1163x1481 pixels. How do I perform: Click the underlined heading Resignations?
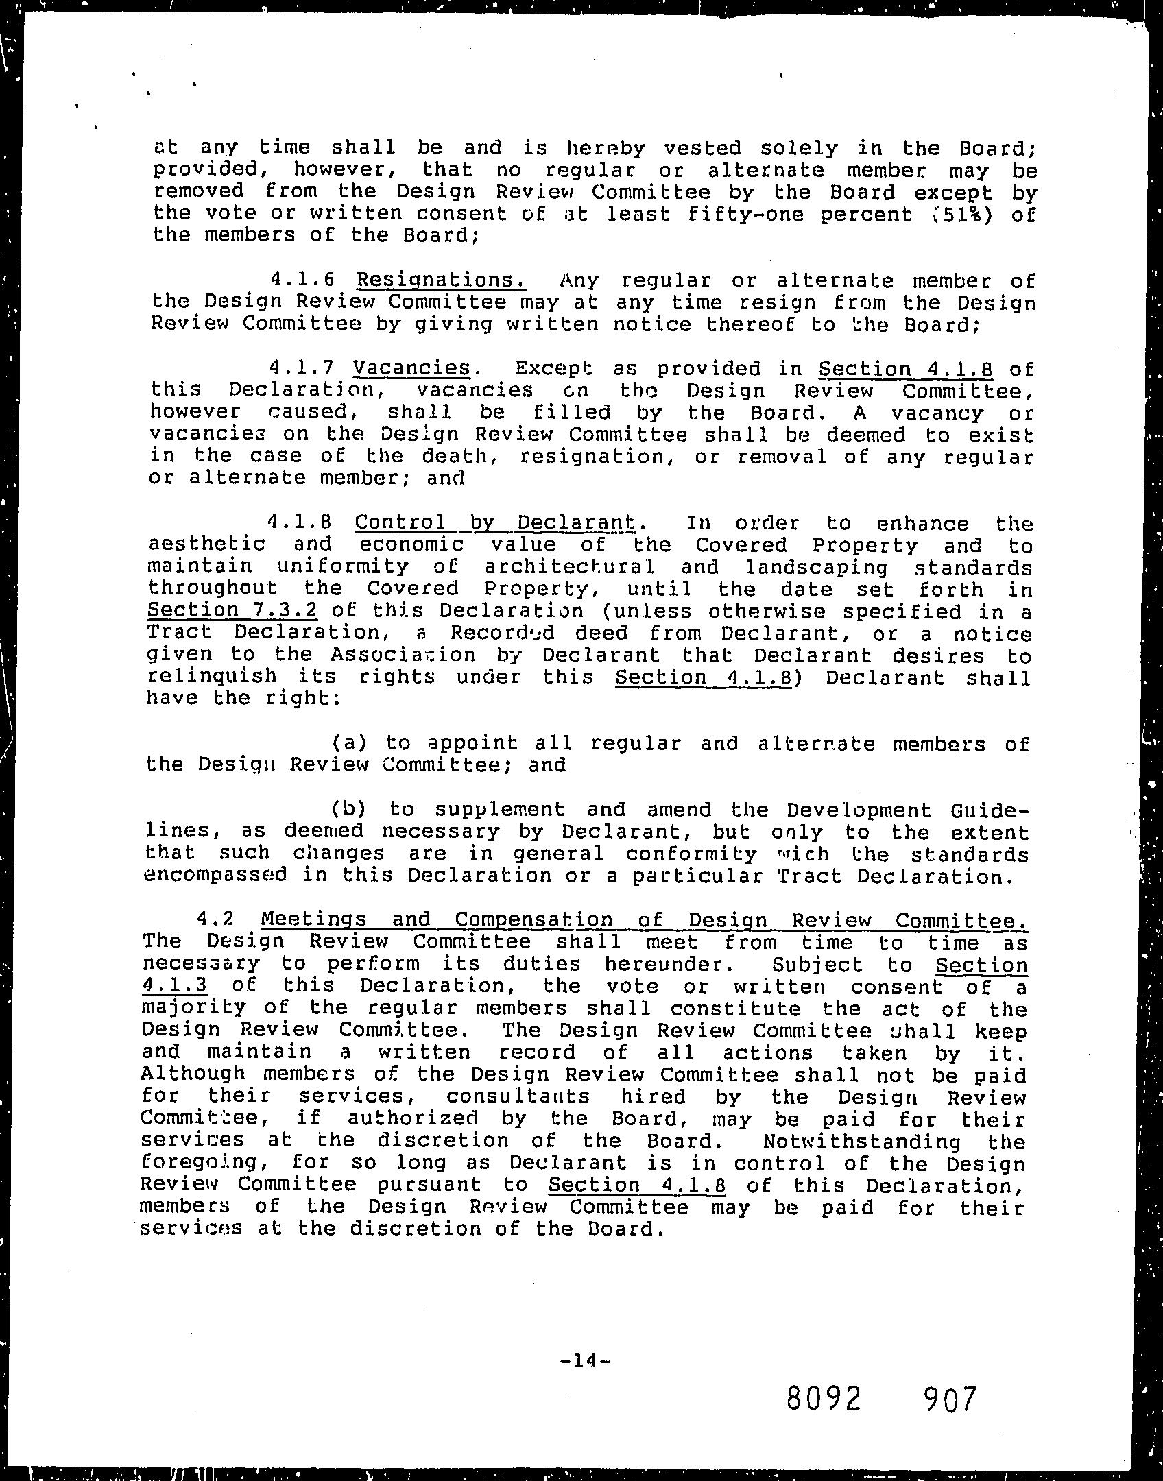(x=441, y=280)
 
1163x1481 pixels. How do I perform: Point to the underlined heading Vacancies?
(x=411, y=368)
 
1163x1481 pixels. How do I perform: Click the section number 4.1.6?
(x=302, y=280)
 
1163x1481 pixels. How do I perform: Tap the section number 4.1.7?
(x=302, y=368)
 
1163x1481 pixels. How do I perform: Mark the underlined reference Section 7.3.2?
(x=232, y=610)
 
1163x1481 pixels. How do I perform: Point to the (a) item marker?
(x=350, y=743)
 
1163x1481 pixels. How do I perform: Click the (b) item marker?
(x=350, y=809)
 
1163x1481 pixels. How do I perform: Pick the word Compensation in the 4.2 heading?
(x=533, y=919)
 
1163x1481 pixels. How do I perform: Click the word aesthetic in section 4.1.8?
(x=206, y=544)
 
